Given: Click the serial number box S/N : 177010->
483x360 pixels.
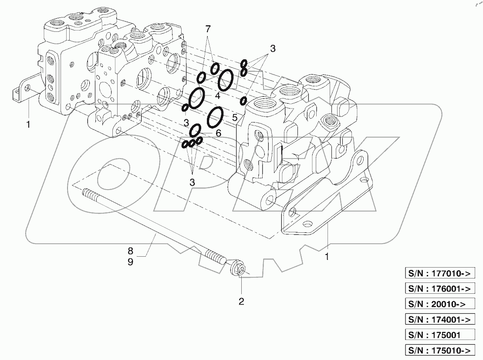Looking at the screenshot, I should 439,274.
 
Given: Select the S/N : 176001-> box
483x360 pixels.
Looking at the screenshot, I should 439,289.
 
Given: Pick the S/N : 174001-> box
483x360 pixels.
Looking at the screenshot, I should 439,319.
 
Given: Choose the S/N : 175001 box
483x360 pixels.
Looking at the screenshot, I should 439,335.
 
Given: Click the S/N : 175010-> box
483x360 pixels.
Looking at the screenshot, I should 439,350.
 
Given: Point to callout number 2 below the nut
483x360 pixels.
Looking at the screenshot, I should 241,301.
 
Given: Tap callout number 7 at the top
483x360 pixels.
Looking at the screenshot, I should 208,30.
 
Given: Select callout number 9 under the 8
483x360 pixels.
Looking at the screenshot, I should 130,262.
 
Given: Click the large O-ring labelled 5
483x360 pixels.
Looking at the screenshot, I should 216,116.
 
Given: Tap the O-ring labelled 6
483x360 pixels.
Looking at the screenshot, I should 196,129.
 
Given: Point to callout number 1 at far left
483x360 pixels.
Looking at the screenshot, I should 28,125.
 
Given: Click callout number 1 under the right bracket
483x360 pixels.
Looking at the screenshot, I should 327,257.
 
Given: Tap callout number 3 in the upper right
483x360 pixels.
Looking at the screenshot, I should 273,49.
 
